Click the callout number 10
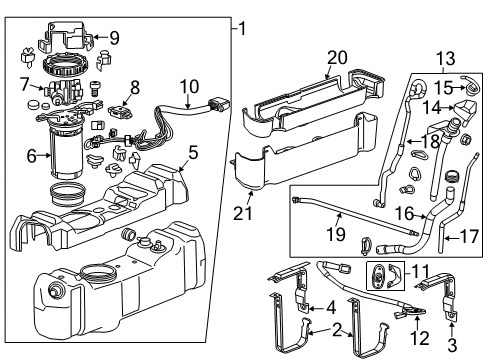click(190, 87)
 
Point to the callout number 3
click(451, 345)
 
